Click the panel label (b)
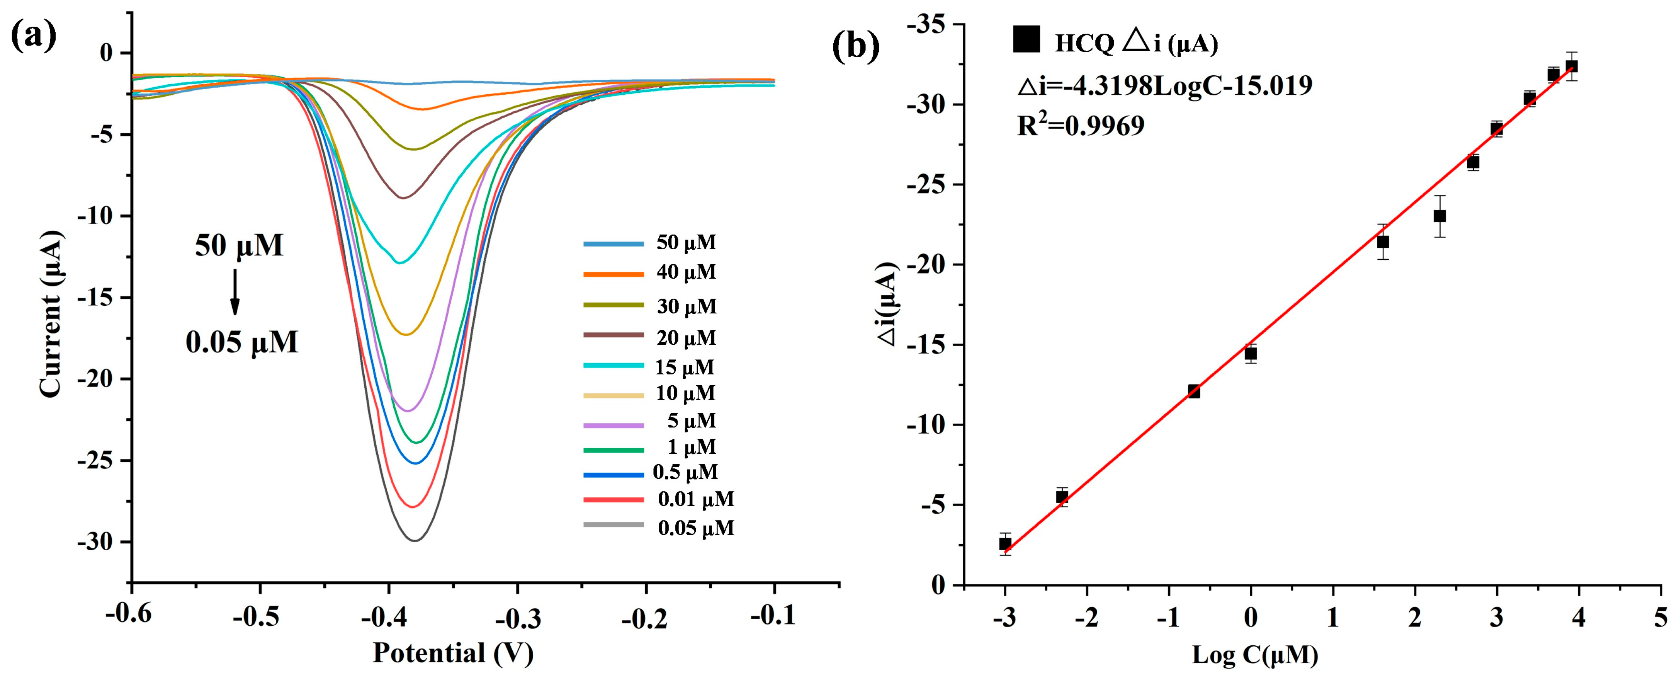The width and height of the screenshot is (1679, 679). pos(856,47)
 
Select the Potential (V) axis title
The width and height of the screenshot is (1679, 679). pos(453,653)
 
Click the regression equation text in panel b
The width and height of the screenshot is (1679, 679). pos(1165,85)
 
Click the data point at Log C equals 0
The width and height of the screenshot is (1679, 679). pos(1250,354)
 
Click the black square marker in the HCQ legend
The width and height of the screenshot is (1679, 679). pos(1026,39)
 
